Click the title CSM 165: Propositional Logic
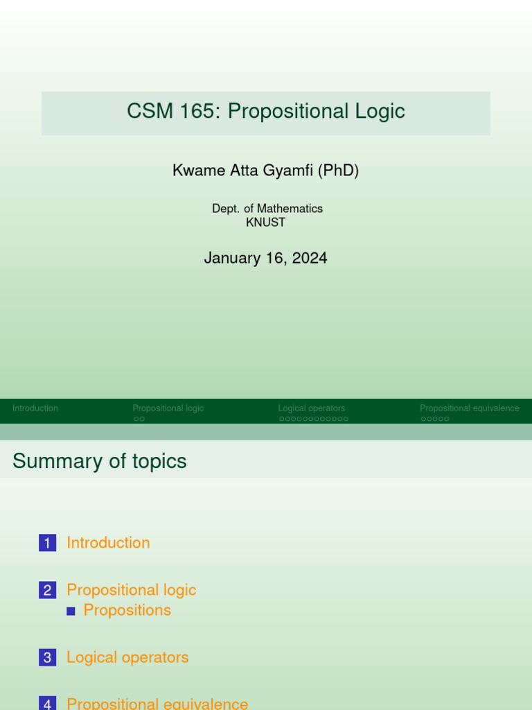pyautogui.click(x=266, y=112)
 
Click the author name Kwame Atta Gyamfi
pyautogui.click(x=244, y=171)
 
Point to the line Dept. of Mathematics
pyautogui.click(x=267, y=209)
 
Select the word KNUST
pyautogui.click(x=266, y=223)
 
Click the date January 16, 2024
pyautogui.click(x=265, y=259)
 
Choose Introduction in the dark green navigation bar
pyautogui.click(x=35, y=408)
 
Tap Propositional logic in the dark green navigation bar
pyautogui.click(x=168, y=408)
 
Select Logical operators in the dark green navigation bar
pyautogui.click(x=312, y=408)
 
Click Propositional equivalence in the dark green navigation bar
pyautogui.click(x=470, y=408)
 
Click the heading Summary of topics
pyautogui.click(x=100, y=461)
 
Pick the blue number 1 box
pyautogui.click(x=47, y=544)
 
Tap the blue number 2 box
pyautogui.click(x=47, y=591)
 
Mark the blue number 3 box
pyautogui.click(x=47, y=658)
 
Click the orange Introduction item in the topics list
pyautogui.click(x=108, y=543)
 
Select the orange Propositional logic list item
pyautogui.click(x=132, y=590)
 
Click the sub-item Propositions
pyautogui.click(x=127, y=610)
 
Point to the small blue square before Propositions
pyautogui.click(x=71, y=611)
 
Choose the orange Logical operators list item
pyautogui.click(x=127, y=657)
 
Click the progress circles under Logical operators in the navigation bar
pyautogui.click(x=314, y=419)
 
